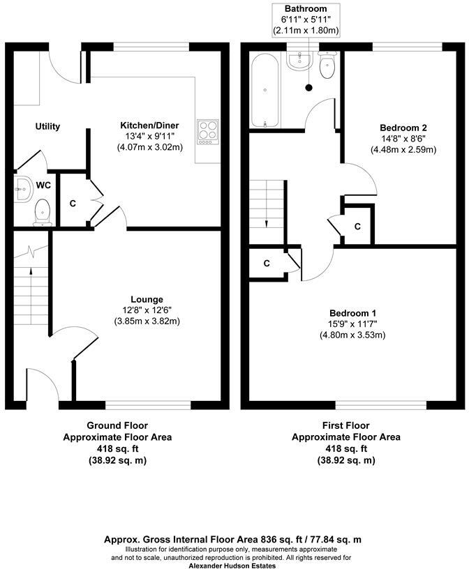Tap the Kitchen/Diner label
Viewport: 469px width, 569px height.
coord(149,126)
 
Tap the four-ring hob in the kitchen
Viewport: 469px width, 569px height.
coord(207,131)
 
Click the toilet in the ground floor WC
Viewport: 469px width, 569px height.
coord(43,211)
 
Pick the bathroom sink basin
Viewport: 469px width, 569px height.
coord(299,61)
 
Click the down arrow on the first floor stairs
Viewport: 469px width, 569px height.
coord(266,222)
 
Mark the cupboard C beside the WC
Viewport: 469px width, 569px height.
coord(73,204)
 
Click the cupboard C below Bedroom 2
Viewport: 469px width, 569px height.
coord(357,227)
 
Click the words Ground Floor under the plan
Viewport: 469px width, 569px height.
coord(117,425)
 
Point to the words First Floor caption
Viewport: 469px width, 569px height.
coord(345,425)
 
